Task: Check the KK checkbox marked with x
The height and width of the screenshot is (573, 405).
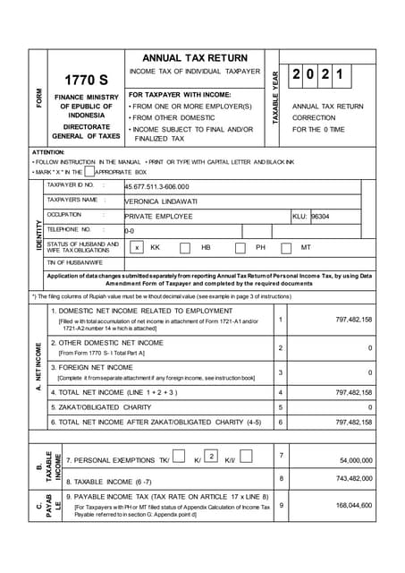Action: point(136,247)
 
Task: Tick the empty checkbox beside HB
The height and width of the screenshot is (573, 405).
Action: point(184,247)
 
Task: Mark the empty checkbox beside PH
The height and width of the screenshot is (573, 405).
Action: point(240,247)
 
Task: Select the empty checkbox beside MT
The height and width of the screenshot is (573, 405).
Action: point(286,247)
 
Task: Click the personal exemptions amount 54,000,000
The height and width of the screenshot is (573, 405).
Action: point(355,460)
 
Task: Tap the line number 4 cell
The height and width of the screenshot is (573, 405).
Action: point(281,392)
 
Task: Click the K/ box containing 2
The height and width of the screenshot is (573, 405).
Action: point(211,456)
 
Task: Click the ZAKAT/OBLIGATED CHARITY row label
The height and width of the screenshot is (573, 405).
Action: point(99,406)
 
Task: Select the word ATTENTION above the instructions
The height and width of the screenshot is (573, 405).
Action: point(48,152)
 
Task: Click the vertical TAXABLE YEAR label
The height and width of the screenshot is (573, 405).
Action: point(276,97)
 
